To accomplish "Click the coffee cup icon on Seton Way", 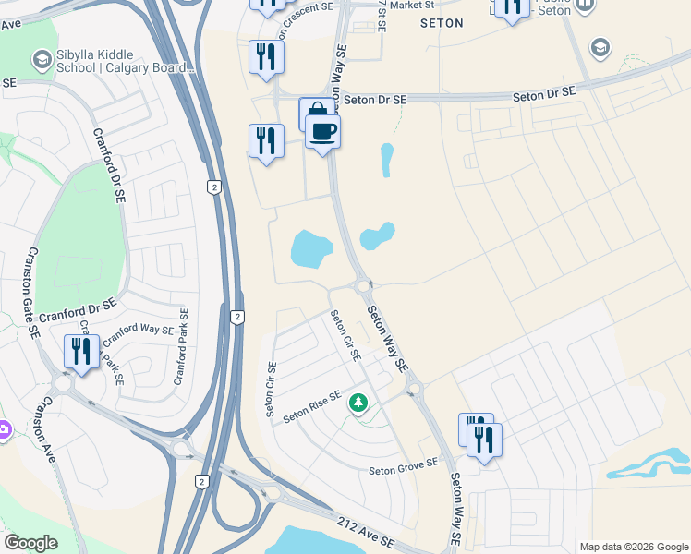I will pyautogui.click(x=323, y=131).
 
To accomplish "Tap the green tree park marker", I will pyautogui.click(x=358, y=403).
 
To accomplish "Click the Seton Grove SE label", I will pyautogui.click(x=403, y=469).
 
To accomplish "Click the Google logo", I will pyautogui.click(x=30, y=543).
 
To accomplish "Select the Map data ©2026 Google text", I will pyautogui.click(x=633, y=547).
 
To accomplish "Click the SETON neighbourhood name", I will pyautogui.click(x=442, y=23).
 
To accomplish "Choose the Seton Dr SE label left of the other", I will pyautogui.click(x=375, y=99).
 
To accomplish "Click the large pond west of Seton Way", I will pyautogui.click(x=311, y=247).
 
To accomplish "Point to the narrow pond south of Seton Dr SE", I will pyautogui.click(x=387, y=160).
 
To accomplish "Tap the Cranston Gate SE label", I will pyautogui.click(x=33, y=291).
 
